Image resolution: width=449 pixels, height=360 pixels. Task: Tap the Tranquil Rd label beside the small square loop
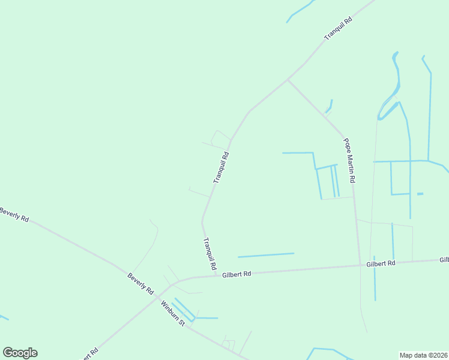(221, 167)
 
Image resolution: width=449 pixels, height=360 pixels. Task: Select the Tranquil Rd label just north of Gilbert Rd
(209, 253)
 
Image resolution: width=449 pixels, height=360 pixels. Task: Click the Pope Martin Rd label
(349, 161)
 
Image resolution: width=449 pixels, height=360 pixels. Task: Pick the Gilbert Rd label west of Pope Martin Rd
(236, 274)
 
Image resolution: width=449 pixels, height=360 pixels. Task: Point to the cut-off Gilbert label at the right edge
(444, 260)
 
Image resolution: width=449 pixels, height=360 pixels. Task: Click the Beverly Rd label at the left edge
(13, 214)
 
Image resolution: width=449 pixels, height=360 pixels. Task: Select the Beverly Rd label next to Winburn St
(140, 284)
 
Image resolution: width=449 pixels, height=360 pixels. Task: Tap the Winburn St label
(173, 313)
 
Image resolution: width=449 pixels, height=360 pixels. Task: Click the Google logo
(20, 353)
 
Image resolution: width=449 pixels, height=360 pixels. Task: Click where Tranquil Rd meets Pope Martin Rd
(288, 79)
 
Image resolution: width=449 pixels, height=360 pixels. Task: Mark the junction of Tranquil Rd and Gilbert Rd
(215, 277)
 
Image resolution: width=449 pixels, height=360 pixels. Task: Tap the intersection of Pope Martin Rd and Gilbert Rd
(359, 265)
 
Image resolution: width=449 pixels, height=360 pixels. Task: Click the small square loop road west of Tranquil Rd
(220, 138)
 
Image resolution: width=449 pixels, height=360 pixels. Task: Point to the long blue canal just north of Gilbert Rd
(266, 255)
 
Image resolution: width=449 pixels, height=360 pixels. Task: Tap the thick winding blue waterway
(389, 96)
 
